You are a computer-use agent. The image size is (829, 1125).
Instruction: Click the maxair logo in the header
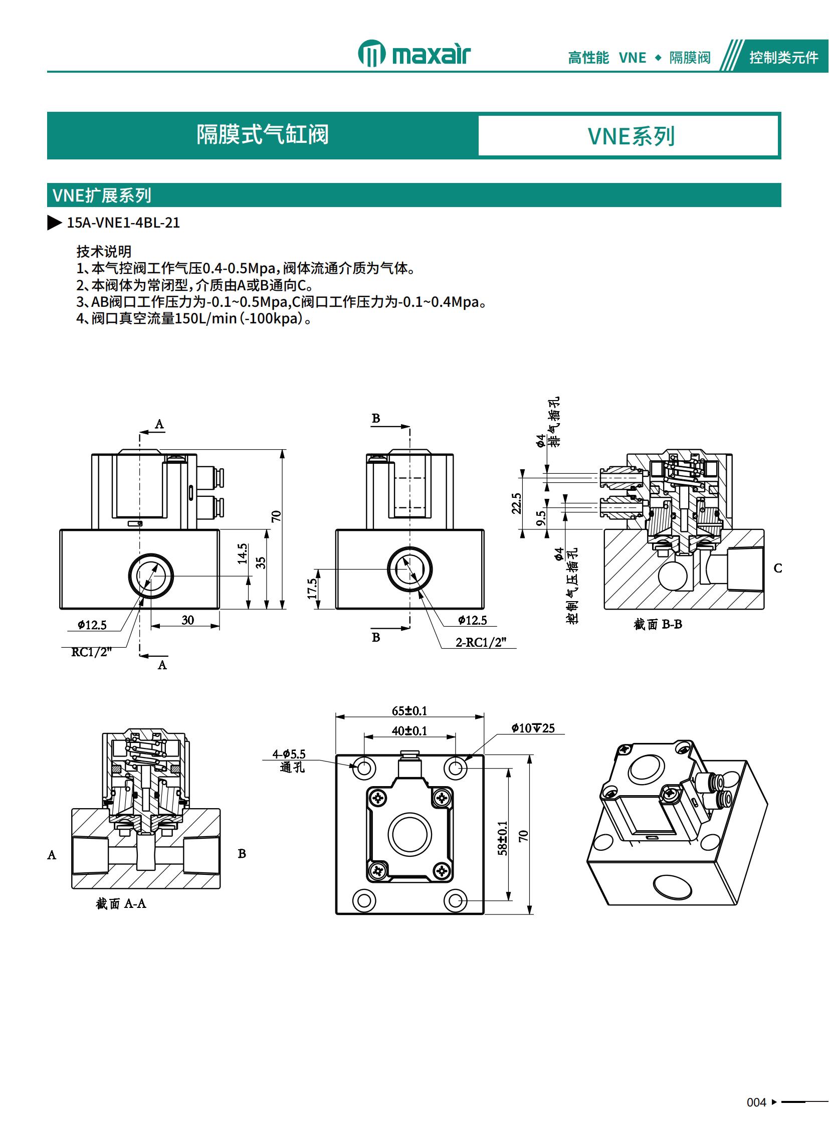(414, 54)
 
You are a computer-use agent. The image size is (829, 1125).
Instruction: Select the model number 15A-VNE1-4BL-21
(123, 223)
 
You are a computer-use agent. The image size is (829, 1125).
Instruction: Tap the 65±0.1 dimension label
(409, 711)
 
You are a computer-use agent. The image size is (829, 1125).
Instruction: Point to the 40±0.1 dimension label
(409, 731)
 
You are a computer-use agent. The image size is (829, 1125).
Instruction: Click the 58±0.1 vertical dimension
(502, 838)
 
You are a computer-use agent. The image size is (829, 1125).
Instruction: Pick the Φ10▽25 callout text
(533, 728)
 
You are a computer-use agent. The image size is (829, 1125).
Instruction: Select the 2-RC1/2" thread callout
(481, 642)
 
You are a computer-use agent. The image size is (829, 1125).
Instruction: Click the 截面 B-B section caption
(658, 625)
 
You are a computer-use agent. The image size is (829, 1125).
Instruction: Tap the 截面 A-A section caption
(121, 903)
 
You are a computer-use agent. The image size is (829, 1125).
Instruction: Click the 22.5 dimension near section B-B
(516, 503)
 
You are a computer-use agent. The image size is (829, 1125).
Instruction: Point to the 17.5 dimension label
(312, 589)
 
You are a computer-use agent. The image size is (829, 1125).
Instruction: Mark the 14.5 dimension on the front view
(243, 553)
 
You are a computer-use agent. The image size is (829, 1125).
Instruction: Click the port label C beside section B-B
(778, 569)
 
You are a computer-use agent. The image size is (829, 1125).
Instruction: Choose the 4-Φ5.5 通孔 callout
(290, 761)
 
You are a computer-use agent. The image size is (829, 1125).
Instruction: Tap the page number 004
(756, 1102)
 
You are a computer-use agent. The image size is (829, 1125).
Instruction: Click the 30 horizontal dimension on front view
(187, 620)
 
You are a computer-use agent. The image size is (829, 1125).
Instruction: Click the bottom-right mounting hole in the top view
(455, 900)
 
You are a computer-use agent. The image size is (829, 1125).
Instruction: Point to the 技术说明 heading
(104, 251)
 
